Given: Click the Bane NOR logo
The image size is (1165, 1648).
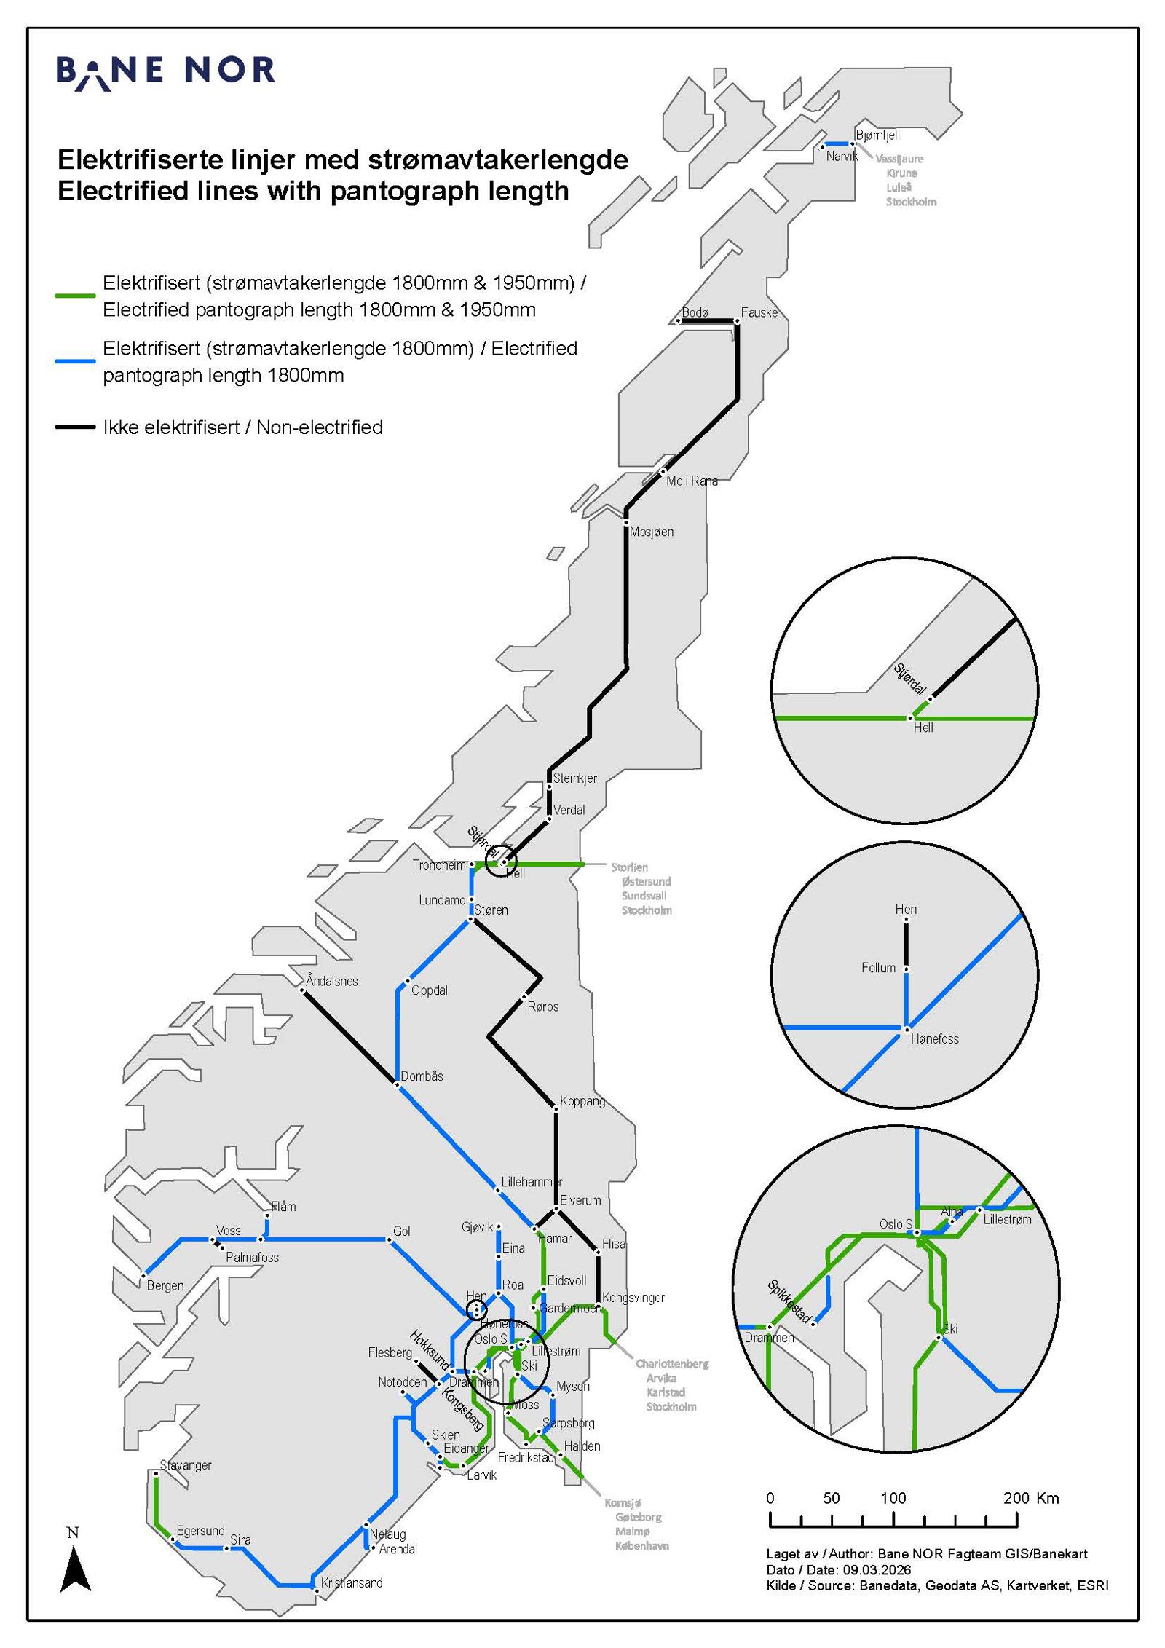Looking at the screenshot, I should pyautogui.click(x=166, y=71).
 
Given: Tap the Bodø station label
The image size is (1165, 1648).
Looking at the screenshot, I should pyautogui.click(x=695, y=312).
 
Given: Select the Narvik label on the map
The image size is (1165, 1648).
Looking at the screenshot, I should pyautogui.click(x=842, y=156).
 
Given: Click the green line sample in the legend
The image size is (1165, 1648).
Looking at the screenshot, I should pyautogui.click(x=76, y=296).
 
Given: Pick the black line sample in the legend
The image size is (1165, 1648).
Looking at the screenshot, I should pyautogui.click(x=76, y=427).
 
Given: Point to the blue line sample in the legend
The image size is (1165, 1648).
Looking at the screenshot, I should pyautogui.click(x=76, y=361).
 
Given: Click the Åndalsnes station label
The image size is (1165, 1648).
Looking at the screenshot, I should pyautogui.click(x=332, y=981).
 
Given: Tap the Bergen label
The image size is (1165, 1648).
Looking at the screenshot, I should pyautogui.click(x=165, y=1285).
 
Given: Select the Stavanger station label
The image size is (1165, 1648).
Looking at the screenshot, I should pyautogui.click(x=186, y=1465).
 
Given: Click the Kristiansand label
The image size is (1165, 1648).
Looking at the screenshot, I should pyautogui.click(x=352, y=1582).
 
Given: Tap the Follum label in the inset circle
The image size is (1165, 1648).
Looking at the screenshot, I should pyautogui.click(x=878, y=968).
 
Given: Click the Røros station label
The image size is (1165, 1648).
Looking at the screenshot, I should pyautogui.click(x=543, y=1006).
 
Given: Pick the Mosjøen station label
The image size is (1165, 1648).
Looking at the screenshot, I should pyautogui.click(x=652, y=532).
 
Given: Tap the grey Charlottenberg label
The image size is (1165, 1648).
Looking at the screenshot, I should pyautogui.click(x=671, y=1364).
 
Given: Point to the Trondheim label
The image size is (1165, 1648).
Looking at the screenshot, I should pyautogui.click(x=439, y=865).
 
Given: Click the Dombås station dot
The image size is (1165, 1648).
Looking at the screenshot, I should pyautogui.click(x=397, y=1085).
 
